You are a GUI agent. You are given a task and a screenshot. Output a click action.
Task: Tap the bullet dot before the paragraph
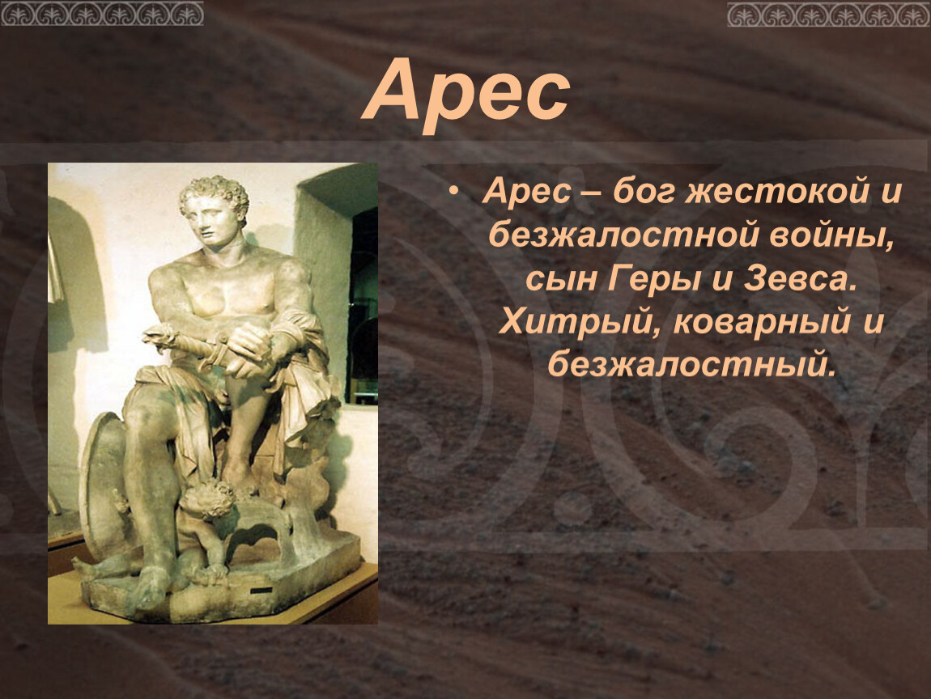coord(454,193)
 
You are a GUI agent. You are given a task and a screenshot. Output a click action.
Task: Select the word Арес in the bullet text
coord(527,193)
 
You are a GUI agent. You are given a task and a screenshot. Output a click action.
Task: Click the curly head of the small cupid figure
coord(208,498)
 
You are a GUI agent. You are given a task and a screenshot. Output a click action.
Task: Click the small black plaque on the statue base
coord(261,591)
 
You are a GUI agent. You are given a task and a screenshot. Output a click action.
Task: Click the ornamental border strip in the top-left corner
coord(102,13)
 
